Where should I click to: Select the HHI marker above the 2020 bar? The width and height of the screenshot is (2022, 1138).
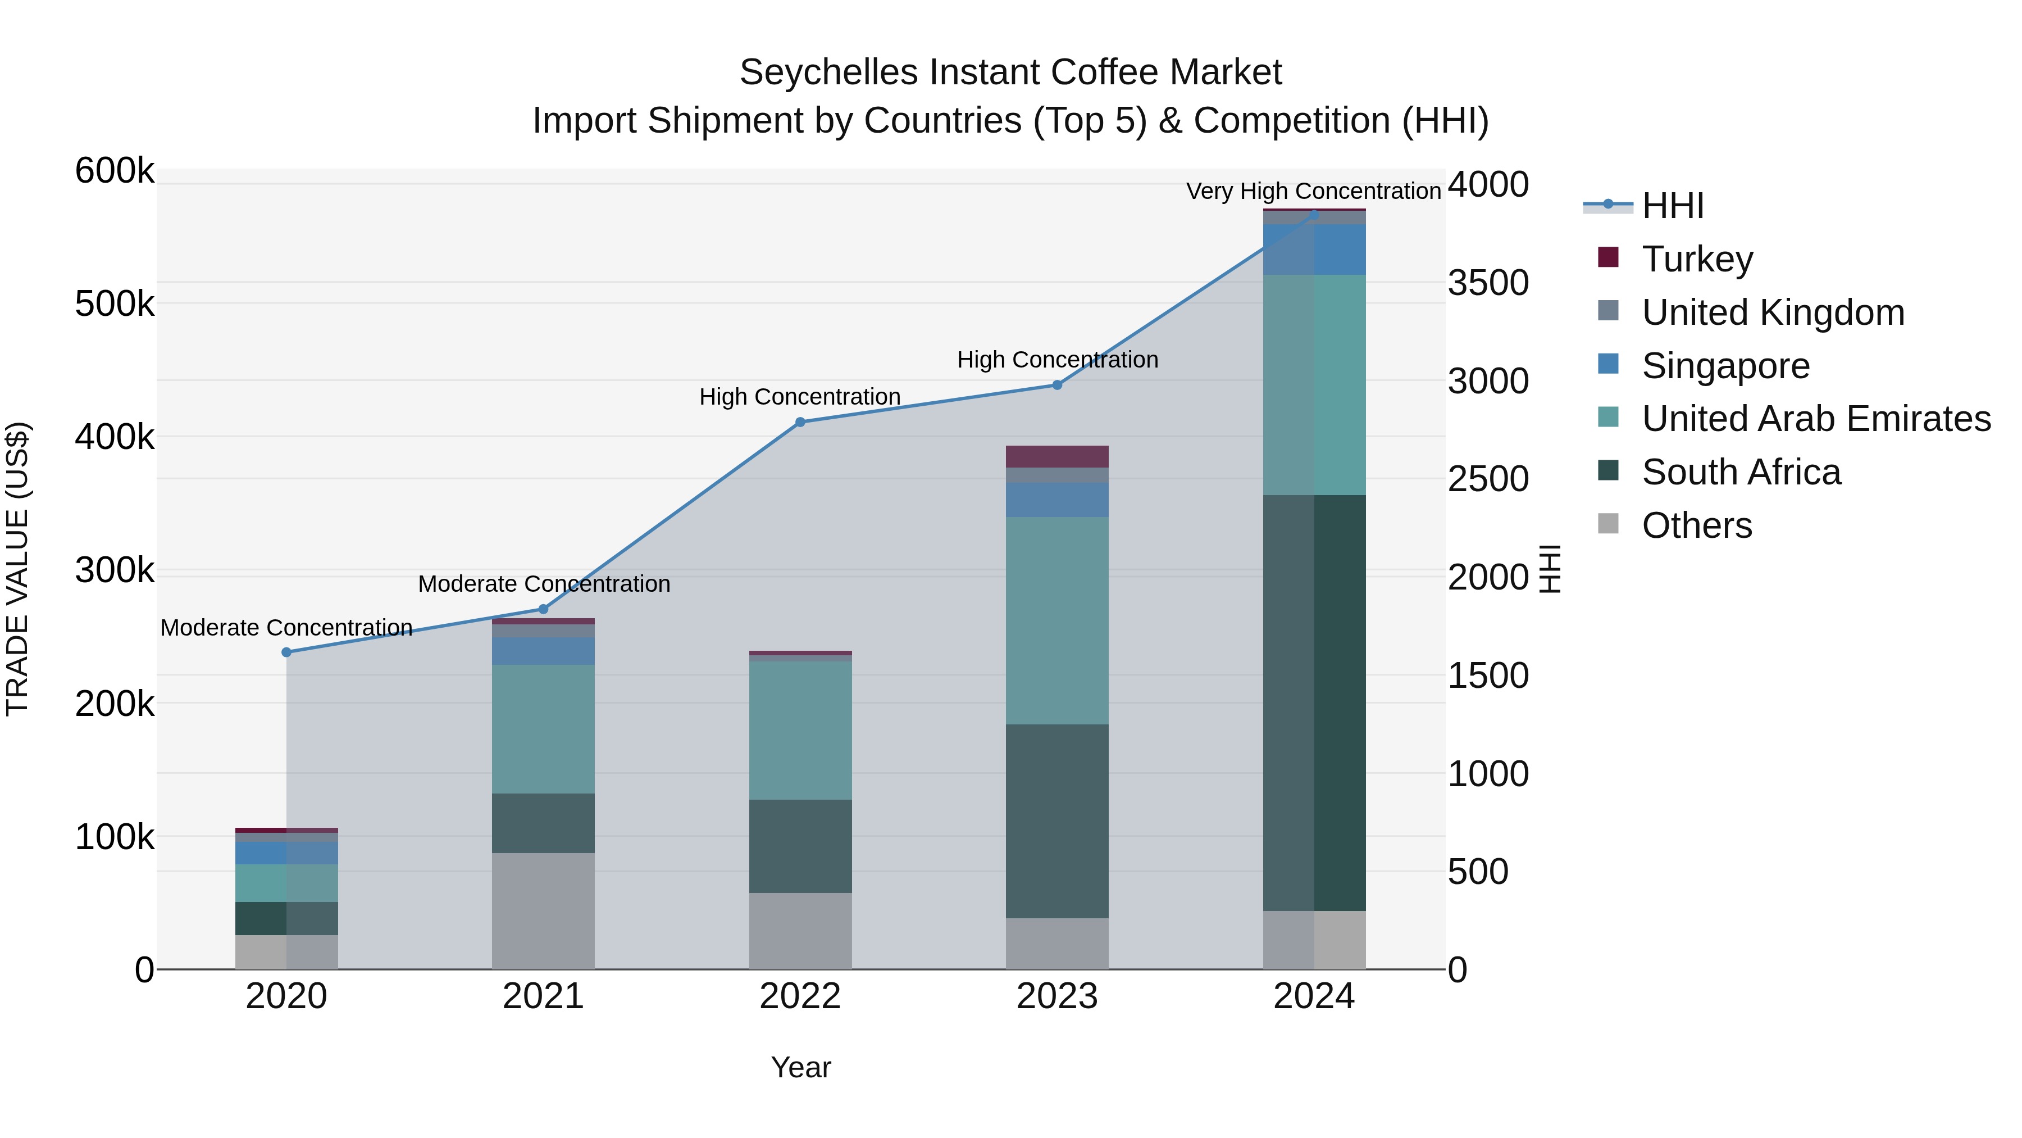(x=286, y=652)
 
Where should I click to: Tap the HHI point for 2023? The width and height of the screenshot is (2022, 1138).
(x=1056, y=385)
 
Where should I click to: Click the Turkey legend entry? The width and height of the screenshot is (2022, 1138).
(x=1696, y=259)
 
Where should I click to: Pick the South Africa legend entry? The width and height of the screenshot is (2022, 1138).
(x=1740, y=472)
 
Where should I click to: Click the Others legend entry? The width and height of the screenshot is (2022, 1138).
(x=1696, y=525)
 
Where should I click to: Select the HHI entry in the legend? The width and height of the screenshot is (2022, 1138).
(x=1672, y=206)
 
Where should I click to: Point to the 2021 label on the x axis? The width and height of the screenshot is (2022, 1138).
(x=543, y=996)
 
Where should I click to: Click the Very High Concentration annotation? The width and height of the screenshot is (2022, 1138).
(x=1313, y=191)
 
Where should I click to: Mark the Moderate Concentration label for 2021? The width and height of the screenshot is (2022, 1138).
(x=544, y=583)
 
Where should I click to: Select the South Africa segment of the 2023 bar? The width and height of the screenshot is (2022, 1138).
(x=1056, y=820)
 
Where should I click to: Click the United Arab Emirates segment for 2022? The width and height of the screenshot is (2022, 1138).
(x=800, y=731)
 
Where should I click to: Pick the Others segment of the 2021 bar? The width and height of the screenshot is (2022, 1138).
(x=543, y=911)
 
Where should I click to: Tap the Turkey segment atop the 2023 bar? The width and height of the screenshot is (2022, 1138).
(x=1056, y=456)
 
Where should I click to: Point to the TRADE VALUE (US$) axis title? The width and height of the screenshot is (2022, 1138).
(x=17, y=569)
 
